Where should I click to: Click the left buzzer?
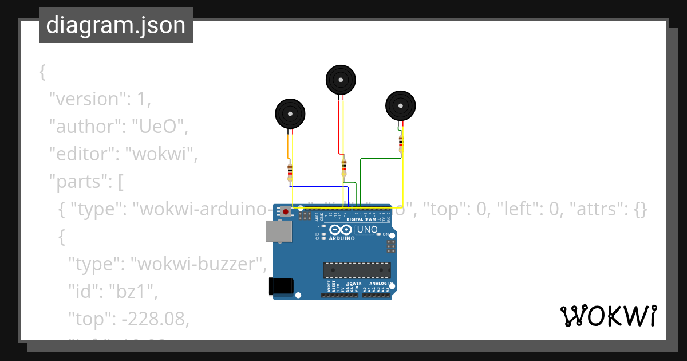point(290,113)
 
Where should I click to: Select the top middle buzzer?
point(341,80)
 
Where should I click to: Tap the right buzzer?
point(400,105)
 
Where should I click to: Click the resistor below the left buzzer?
point(290,172)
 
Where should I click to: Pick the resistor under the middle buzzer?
point(344,167)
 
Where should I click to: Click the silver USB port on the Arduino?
point(278,231)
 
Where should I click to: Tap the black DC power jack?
point(281,286)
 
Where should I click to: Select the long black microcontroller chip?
point(357,270)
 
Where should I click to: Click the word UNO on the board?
point(367,230)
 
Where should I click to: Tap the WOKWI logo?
point(608,316)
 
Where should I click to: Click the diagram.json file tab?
point(116,25)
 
